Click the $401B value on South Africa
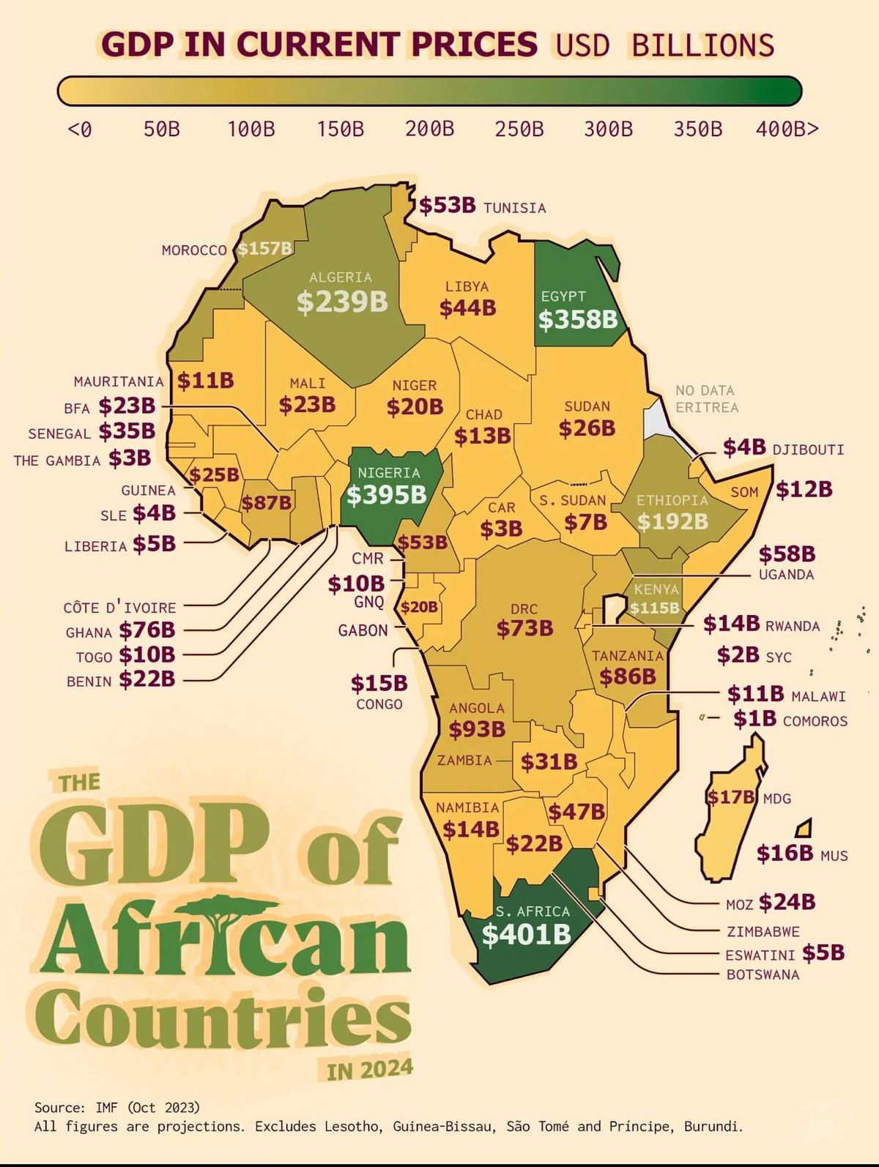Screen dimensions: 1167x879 tap(526, 935)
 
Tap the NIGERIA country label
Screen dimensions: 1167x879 tap(388, 473)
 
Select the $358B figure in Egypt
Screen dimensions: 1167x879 tap(578, 319)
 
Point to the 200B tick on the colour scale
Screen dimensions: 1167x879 tap(429, 130)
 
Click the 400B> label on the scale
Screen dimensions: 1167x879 tap(787, 130)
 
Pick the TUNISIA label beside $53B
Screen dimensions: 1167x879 tap(514, 208)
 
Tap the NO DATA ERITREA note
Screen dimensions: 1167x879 tap(706, 399)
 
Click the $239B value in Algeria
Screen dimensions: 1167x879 tap(342, 301)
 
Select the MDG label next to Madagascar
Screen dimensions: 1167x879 tap(776, 799)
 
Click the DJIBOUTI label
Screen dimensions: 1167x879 tap(808, 450)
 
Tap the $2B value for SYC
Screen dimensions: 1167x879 tap(738, 655)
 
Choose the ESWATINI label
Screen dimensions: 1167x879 tap(760, 955)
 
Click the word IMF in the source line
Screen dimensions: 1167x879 tap(107, 1107)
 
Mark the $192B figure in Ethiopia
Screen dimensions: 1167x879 tap(672, 521)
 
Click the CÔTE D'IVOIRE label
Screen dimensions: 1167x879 tap(119, 608)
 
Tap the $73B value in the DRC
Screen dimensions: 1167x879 tap(524, 628)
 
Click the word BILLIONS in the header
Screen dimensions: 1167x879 tap(702, 45)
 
